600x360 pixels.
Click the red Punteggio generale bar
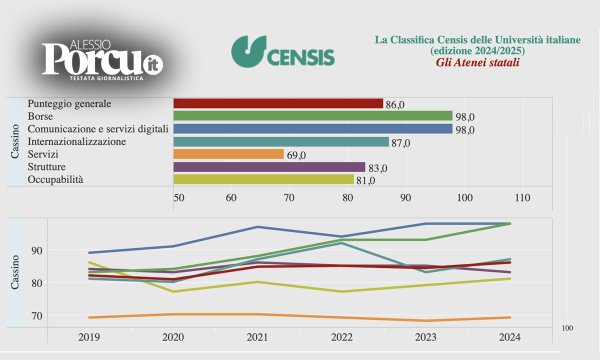(278, 103)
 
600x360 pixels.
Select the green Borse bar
(312, 116)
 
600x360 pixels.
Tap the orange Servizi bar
(228, 154)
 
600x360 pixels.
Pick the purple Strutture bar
(269, 166)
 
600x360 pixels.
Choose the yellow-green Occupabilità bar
(263, 179)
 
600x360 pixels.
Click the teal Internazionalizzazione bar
(280, 141)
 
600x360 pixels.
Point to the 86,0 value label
(395, 104)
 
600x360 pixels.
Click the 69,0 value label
(296, 155)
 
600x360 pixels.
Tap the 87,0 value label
(400, 142)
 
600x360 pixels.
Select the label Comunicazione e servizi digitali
(97, 129)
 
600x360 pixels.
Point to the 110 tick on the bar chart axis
(522, 198)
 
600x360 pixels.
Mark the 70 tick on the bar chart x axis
(289, 198)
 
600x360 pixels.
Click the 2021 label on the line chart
(257, 337)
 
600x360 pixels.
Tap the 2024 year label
(509, 337)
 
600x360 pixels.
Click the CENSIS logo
(283, 51)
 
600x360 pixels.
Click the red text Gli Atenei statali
(477, 63)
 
